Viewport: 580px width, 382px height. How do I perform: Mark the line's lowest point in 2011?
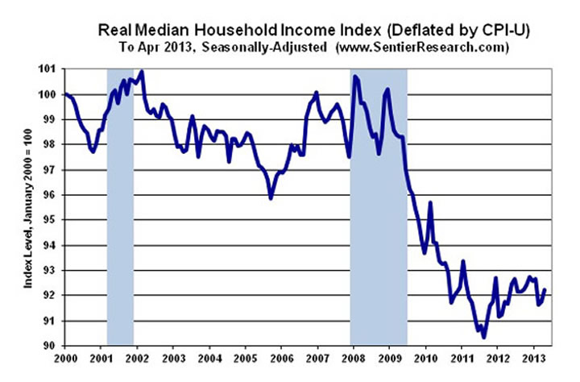(x=484, y=337)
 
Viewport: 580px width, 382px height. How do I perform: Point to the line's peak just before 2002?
(x=142, y=72)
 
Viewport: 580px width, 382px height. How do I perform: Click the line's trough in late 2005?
(x=271, y=198)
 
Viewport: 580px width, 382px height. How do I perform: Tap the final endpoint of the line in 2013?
(x=545, y=289)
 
